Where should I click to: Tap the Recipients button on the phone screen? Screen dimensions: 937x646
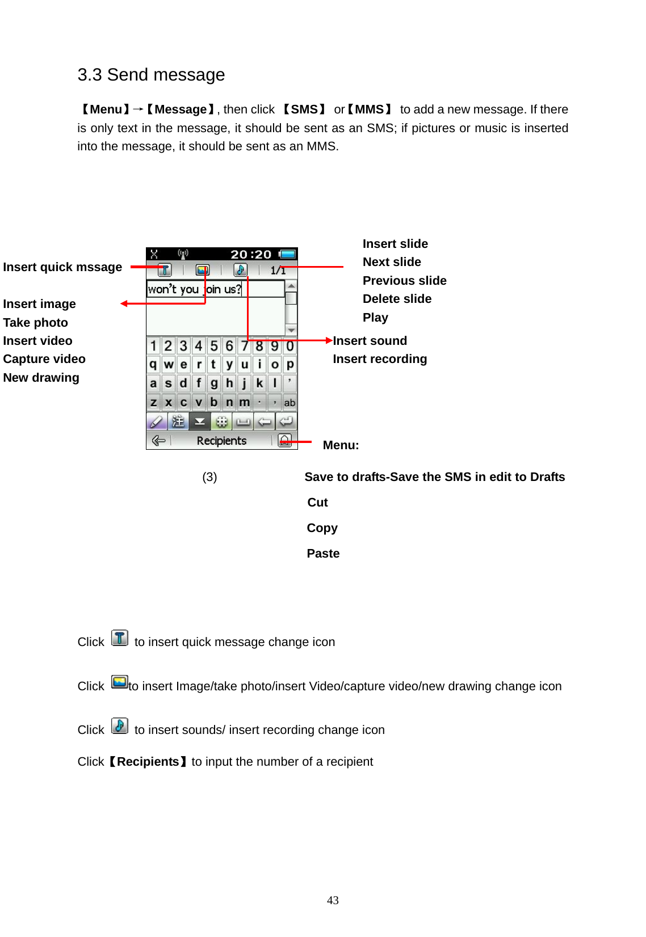coord(221,441)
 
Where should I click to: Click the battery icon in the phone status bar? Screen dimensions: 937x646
coord(288,254)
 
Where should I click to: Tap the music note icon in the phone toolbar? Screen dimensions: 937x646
coord(241,270)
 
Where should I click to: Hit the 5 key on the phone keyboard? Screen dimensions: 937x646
coord(214,345)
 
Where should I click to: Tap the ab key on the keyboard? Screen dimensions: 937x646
coord(290,403)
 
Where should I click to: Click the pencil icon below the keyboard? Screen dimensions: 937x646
coord(156,421)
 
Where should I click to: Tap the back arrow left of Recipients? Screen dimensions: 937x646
coord(158,441)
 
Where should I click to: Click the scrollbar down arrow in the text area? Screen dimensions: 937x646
coord(291,330)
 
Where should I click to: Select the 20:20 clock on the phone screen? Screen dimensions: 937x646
coord(251,254)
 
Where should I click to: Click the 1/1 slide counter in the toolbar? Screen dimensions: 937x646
coord(278,271)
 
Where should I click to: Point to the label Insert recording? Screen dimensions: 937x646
coord(380,359)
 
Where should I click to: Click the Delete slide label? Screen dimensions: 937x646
coord(397,299)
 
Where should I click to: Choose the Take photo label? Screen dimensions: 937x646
coord(35,323)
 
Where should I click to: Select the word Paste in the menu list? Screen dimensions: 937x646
coord(323,554)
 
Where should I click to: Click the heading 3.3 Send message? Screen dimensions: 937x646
coord(151,75)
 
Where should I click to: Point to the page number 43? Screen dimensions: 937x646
coord(333,900)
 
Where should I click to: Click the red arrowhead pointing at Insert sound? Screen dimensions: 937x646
coord(329,340)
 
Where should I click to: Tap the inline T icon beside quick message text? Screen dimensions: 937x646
coord(120,638)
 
